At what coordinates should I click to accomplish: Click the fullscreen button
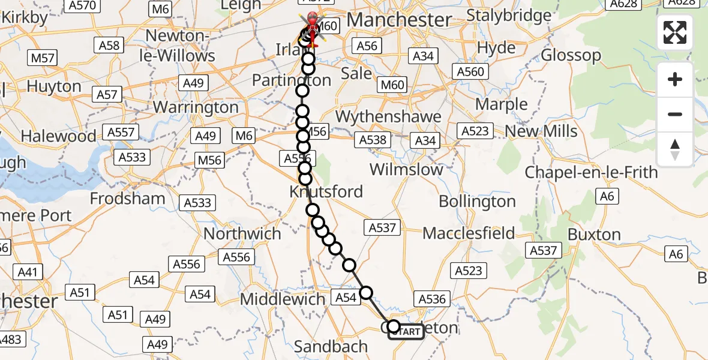[x=675, y=32]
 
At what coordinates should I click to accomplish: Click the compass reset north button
[x=675, y=149]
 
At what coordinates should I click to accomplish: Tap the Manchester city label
[x=399, y=20]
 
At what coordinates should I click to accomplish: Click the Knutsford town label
[x=326, y=191]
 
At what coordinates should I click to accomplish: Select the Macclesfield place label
[x=469, y=233]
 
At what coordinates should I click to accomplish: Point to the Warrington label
[x=196, y=108]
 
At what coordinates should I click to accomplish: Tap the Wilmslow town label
[x=406, y=169]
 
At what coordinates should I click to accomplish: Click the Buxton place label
[x=594, y=234]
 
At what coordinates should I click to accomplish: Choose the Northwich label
[x=242, y=233]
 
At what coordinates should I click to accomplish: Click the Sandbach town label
[x=331, y=346]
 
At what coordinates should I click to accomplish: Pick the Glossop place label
[x=571, y=56]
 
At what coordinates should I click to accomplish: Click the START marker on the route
[x=407, y=332]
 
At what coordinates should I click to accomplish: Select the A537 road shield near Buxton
[x=544, y=251]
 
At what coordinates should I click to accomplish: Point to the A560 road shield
[x=470, y=72]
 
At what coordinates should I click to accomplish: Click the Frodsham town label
[x=127, y=198]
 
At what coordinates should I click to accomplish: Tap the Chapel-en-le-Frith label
[x=591, y=173]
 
